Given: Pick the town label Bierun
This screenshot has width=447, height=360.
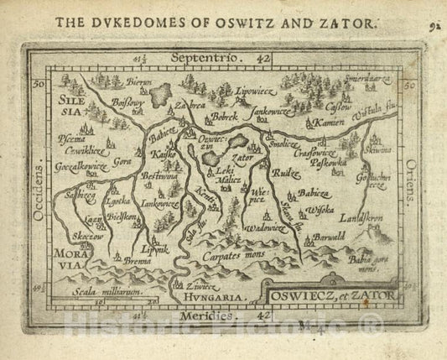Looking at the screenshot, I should (x=141, y=84).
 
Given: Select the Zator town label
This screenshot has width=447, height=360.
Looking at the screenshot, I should (x=242, y=156).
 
